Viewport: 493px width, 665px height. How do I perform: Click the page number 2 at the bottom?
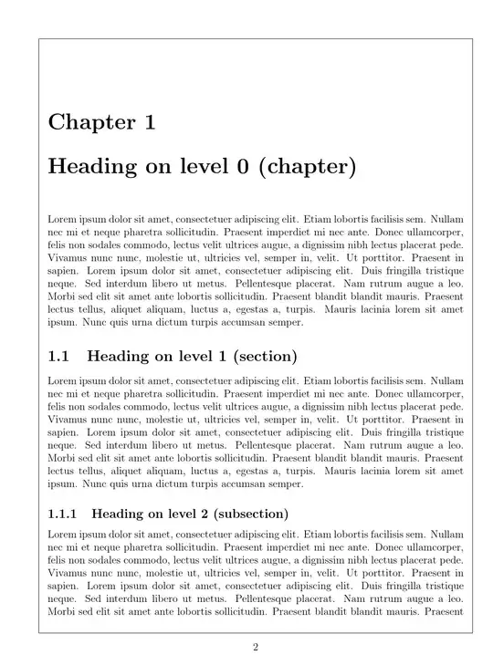coord(256,648)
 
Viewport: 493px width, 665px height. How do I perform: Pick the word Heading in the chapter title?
coord(90,168)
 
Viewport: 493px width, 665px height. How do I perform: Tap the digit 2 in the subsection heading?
coord(198,514)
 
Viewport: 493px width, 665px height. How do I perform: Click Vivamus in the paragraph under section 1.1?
coord(67,415)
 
